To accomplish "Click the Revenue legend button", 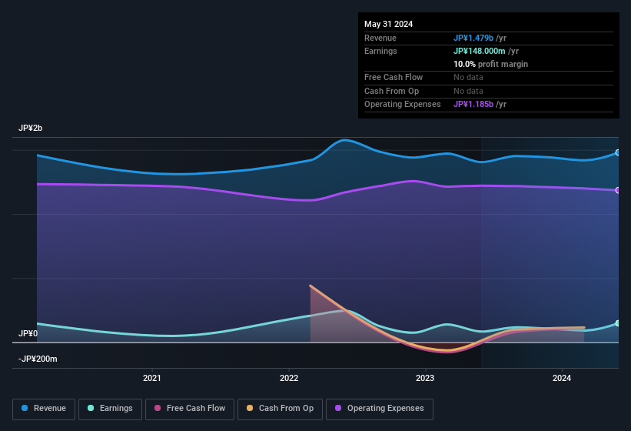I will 45,409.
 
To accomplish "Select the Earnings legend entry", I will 109,409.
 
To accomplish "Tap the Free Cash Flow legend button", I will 190,409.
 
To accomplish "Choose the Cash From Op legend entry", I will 280,409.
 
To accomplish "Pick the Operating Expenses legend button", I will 379,409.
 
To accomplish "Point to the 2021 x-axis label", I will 152,378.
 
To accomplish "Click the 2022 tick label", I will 289,378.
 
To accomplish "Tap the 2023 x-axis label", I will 425,378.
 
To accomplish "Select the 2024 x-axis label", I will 562,378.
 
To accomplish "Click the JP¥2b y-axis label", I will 31,128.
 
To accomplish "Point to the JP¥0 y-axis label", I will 28,334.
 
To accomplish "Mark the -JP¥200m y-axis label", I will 38,359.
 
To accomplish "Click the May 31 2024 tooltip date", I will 388,24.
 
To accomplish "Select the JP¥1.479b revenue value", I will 480,38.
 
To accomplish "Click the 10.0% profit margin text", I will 490,64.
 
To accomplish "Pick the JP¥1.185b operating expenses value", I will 480,104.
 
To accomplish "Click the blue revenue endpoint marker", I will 618,152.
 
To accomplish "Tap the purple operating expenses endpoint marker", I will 618,190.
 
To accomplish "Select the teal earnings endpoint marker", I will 618,323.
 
